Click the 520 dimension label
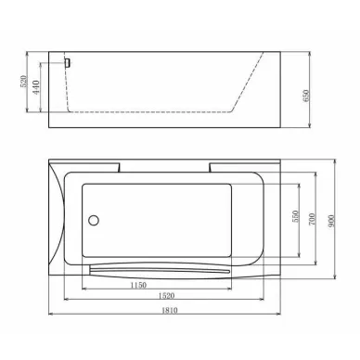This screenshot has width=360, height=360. [24, 81]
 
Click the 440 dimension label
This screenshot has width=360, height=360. [36, 87]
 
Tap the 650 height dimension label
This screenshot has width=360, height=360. [306, 96]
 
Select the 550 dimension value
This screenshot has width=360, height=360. [295, 216]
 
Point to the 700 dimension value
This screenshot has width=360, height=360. [312, 219]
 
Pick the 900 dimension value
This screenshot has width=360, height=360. [331, 221]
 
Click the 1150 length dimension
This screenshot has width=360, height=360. [138, 285]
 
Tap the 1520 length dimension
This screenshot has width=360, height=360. [166, 296]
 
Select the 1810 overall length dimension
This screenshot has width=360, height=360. [170, 310]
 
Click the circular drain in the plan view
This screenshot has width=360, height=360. [94, 220]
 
